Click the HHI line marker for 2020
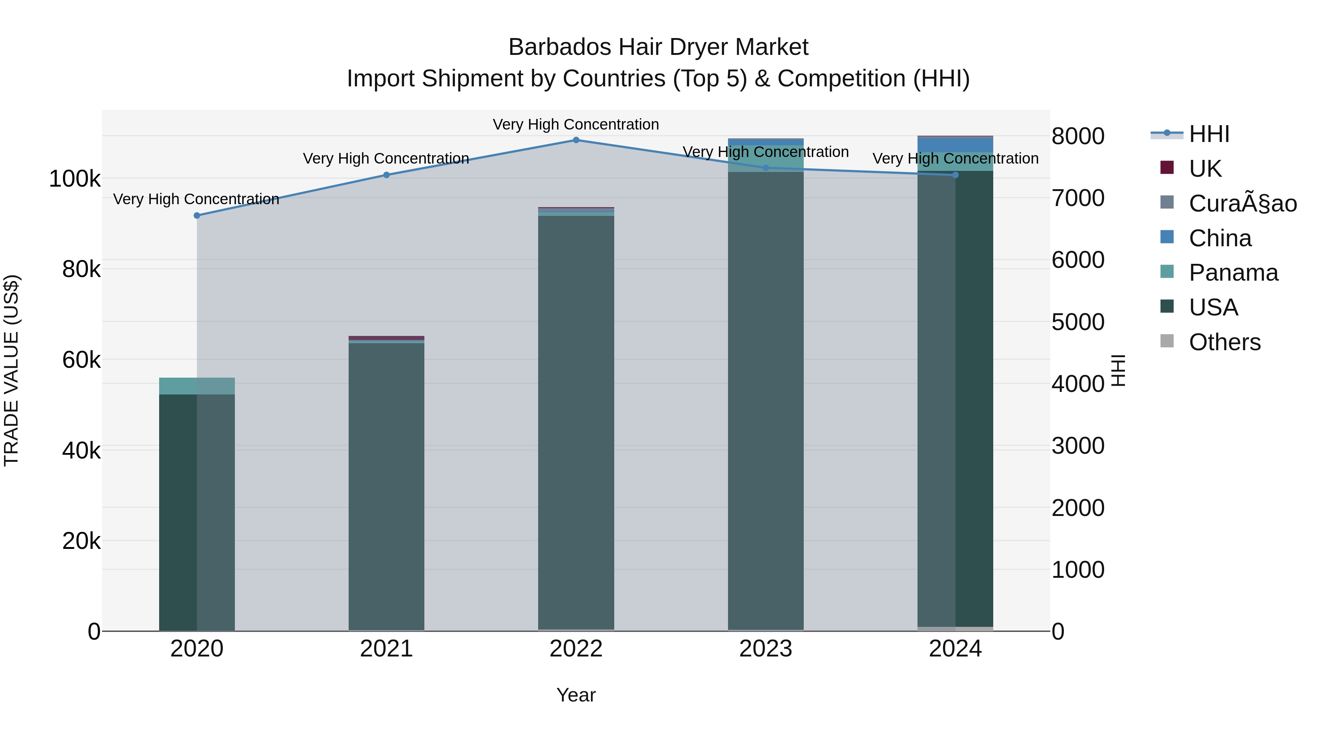click(x=197, y=215)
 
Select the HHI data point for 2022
click(x=576, y=140)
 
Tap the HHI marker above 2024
click(x=955, y=175)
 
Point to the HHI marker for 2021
click(x=387, y=175)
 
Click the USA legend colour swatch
click(x=1167, y=306)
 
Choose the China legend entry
click(x=1220, y=238)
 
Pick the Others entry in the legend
click(x=1224, y=342)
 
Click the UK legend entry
click(x=1205, y=169)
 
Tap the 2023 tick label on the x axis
click(x=765, y=649)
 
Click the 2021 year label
click(x=387, y=649)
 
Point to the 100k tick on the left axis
click(x=75, y=179)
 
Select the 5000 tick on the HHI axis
click(x=1078, y=322)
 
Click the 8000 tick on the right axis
click(x=1078, y=136)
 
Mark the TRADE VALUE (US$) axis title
click(x=11, y=370)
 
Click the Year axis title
click(x=576, y=695)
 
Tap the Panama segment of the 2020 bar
click(x=197, y=386)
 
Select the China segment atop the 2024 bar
click(x=955, y=145)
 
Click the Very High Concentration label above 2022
click(x=576, y=124)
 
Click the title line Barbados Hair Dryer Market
click(x=658, y=47)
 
